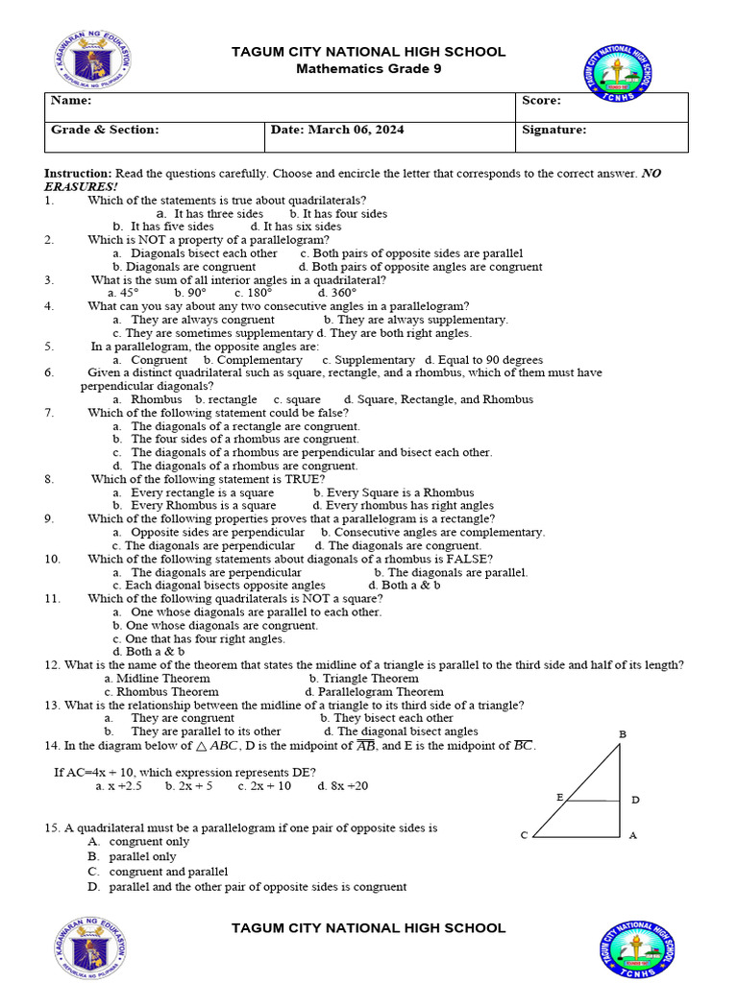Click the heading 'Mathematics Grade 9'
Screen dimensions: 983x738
tap(368, 68)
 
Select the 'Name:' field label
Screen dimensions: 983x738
tap(71, 101)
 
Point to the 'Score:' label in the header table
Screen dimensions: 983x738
tap(541, 101)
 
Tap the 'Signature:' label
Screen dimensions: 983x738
tap(553, 130)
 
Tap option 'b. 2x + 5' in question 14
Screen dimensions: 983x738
tap(188, 785)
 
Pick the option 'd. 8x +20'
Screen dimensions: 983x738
tap(342, 785)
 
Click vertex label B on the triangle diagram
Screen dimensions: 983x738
tap(623, 734)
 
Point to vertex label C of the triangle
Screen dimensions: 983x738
tap(524, 835)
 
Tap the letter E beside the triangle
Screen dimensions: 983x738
tap(559, 797)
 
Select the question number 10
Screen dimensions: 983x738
tap(53, 559)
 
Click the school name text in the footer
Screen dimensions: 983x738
tap(368, 927)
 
